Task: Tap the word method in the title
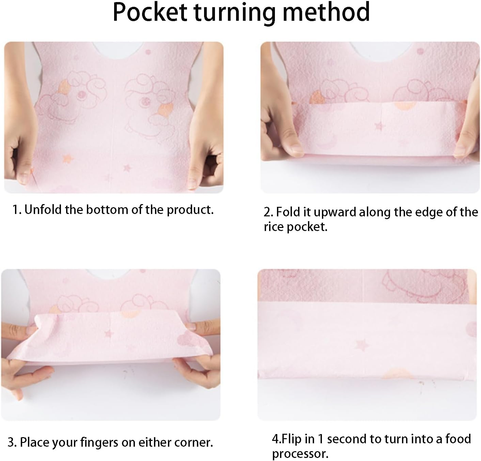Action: (x=326, y=12)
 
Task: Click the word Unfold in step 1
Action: (x=43, y=210)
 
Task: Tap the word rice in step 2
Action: (x=274, y=227)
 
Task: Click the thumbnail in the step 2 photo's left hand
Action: (x=296, y=149)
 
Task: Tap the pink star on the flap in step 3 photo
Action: (x=108, y=334)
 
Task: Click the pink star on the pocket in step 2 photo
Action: (x=380, y=126)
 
